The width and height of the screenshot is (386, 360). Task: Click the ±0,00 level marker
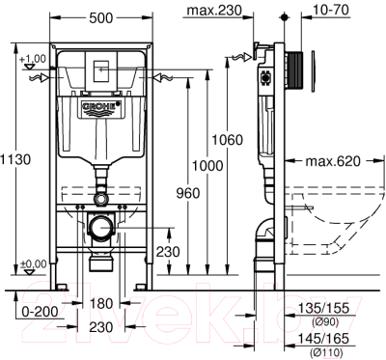(33, 263)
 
